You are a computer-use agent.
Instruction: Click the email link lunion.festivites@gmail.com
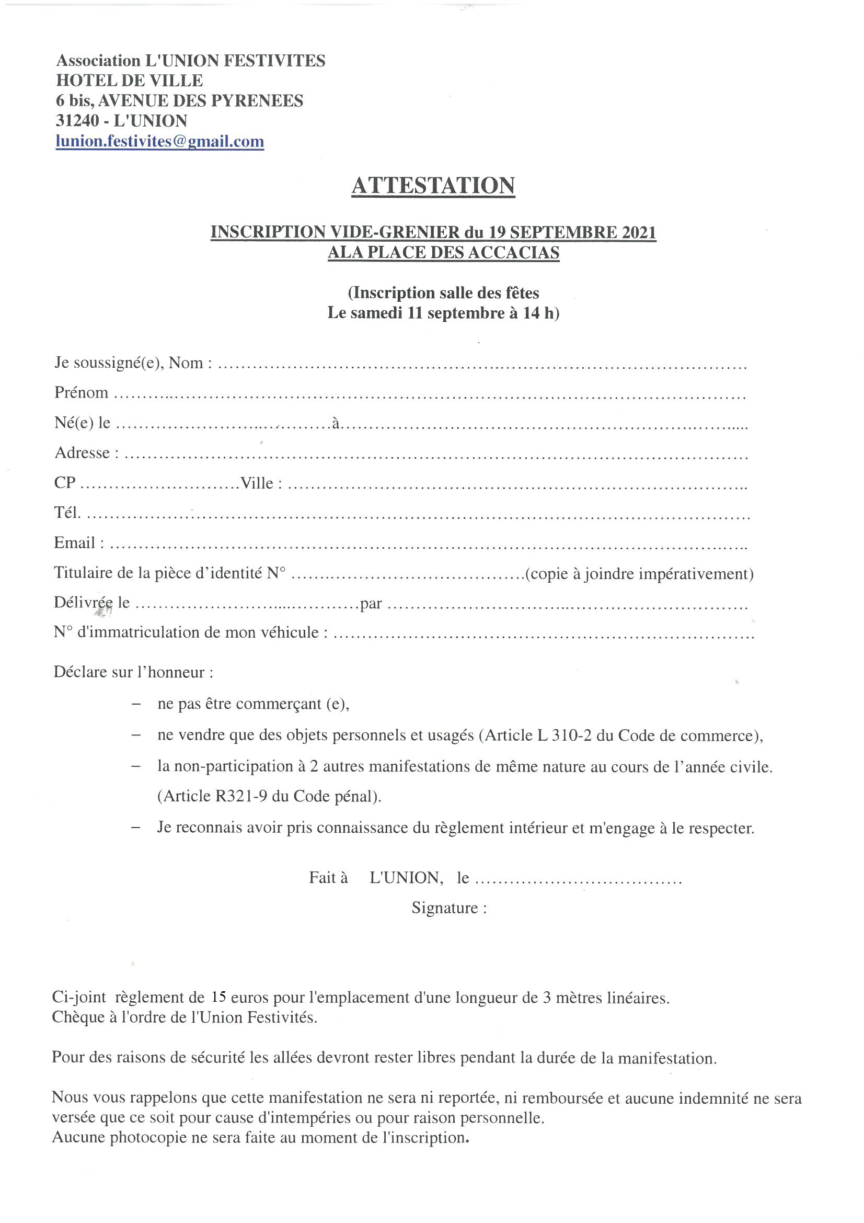(x=160, y=141)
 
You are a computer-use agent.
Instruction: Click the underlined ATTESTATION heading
(x=433, y=185)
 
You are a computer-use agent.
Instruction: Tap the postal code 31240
(x=77, y=121)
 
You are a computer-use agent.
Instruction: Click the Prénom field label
(x=81, y=392)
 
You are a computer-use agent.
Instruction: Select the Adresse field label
(x=82, y=453)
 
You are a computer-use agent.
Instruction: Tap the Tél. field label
(x=67, y=513)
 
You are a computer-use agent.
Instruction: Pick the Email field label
(x=75, y=543)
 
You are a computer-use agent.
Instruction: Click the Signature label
(x=444, y=908)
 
